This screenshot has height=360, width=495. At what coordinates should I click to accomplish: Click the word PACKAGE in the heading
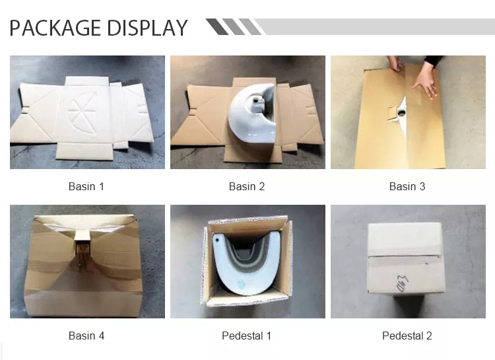coord(55,28)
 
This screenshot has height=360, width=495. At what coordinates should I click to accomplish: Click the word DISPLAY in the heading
coord(147,28)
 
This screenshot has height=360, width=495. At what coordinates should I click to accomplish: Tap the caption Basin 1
coord(86,186)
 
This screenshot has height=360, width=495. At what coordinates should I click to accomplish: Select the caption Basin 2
coord(247,186)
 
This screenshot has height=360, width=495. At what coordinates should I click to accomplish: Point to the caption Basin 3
coord(407,186)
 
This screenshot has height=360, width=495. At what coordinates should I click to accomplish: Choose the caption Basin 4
coord(86,336)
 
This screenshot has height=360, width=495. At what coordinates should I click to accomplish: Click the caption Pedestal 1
coord(247,336)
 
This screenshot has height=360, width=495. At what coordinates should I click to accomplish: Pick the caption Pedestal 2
coord(407,336)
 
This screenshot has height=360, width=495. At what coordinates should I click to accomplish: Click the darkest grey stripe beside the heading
coord(217,26)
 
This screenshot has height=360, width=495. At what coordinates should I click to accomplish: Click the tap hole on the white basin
coord(256,101)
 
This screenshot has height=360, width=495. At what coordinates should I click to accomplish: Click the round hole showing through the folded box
coord(403,112)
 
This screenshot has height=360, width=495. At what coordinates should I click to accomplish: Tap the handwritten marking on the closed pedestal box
coord(402,283)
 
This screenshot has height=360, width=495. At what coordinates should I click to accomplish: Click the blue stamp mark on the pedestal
coord(241,283)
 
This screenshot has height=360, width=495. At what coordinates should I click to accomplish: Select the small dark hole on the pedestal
coord(217,240)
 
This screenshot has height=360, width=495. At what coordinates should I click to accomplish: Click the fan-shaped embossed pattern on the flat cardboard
coord(81,108)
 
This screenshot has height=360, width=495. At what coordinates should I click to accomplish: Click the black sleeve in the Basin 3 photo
coord(434,61)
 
